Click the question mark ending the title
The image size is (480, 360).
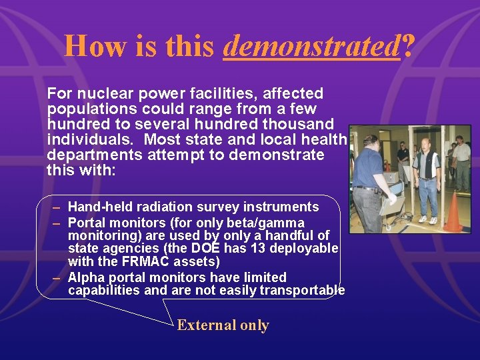tap(408, 46)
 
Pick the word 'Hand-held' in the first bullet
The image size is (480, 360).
tap(99, 207)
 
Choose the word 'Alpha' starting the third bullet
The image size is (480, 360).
tap(85, 277)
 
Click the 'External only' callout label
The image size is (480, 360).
tap(223, 325)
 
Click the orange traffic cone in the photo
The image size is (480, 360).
tap(453, 213)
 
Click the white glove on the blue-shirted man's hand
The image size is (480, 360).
tap(393, 198)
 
